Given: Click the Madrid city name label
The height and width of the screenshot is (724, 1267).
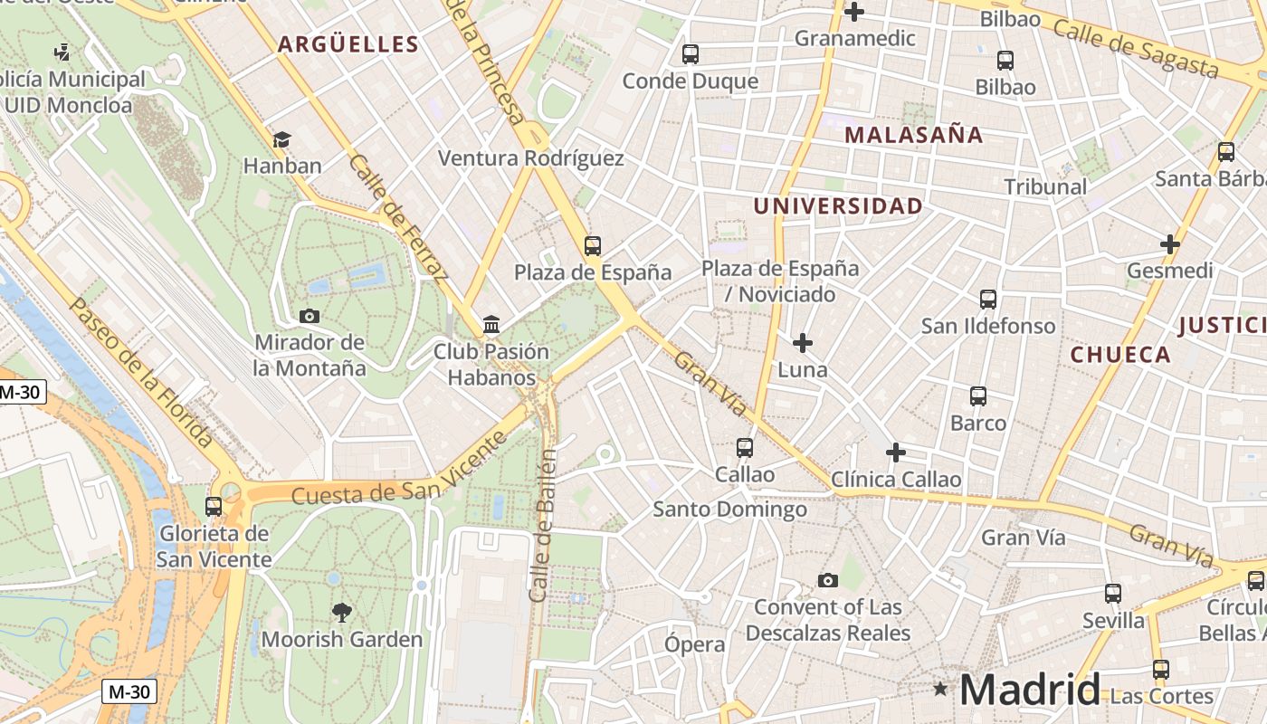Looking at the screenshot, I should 1030,690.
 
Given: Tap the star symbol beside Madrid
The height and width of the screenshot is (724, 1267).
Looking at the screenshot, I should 941,690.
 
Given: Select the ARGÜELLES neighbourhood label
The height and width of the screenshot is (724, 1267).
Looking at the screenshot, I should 348,44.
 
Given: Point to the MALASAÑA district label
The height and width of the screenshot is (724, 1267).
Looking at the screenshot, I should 913,135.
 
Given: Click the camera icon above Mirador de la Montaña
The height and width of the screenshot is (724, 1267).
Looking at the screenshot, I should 310,316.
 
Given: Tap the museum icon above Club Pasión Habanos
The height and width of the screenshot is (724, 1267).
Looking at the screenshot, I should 491,324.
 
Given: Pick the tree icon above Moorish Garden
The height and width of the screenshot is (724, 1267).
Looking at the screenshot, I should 341,613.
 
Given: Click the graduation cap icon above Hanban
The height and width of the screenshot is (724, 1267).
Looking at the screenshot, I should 282,139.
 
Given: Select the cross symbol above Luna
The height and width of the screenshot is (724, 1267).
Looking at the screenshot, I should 803,343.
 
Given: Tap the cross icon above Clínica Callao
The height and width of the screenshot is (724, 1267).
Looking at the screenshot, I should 896,452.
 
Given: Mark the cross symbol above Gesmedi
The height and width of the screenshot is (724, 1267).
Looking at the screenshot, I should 1170,244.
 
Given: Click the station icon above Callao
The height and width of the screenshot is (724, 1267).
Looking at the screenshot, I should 745,447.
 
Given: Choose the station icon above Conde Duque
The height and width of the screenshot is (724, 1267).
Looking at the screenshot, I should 691,54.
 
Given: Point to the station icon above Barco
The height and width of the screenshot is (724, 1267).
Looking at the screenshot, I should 978,395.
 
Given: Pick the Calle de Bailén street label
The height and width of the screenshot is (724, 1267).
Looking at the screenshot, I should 542,525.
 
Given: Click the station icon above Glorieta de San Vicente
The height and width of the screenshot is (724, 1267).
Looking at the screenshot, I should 214,506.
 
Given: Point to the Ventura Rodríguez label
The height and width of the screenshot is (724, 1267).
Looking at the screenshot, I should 531,158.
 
